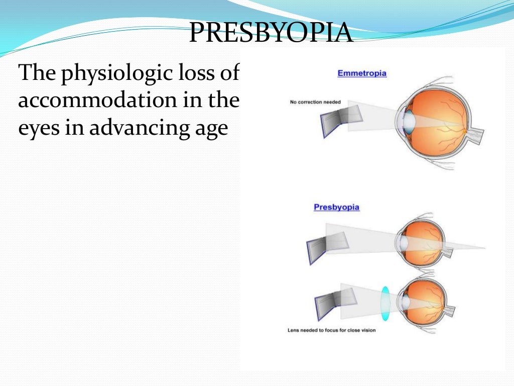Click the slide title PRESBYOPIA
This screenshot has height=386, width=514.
pyautogui.click(x=271, y=33)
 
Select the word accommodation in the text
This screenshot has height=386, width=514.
pyautogui.click(x=103, y=101)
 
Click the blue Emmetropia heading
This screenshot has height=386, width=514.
pyautogui.click(x=362, y=73)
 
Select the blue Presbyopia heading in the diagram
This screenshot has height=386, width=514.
pyautogui.click(x=336, y=207)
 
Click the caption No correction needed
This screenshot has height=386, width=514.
pyautogui.click(x=315, y=103)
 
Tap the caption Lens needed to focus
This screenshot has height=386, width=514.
pyautogui.click(x=331, y=330)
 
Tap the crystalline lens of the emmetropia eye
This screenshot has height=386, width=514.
pyautogui.click(x=410, y=122)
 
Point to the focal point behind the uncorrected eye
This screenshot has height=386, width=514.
pyautogui.click(x=484, y=248)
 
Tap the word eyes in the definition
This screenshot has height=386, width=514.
pyautogui.click(x=37, y=129)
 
